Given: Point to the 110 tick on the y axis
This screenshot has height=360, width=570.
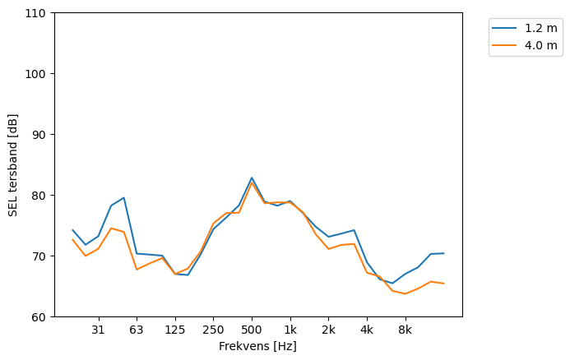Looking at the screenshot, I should pos(38,13).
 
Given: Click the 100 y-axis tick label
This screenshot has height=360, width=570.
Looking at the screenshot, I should pos(38,74).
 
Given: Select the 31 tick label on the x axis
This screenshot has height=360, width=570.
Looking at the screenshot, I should pos(98,330).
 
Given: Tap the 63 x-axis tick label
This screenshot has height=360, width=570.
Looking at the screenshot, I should pos(137,330).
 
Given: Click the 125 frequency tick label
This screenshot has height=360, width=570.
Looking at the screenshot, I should pos(174,330).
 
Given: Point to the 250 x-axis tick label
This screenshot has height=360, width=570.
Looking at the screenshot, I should pos(213,330).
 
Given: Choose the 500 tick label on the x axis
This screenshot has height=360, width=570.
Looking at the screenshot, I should pos(252,330).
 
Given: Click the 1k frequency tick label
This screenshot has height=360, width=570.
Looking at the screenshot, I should pos(290,330).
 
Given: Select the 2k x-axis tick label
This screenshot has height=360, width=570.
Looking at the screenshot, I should pos(328,330).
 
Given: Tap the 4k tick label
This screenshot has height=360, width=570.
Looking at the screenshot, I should pos(367,330).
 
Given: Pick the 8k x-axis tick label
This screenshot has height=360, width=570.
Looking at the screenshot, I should pos(405,330).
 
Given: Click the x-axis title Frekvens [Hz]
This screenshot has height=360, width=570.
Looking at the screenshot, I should pos(257,346).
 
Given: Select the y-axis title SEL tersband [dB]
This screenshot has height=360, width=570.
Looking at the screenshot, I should pos(13,165).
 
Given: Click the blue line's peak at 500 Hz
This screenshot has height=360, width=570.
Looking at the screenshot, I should pos(252,178).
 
